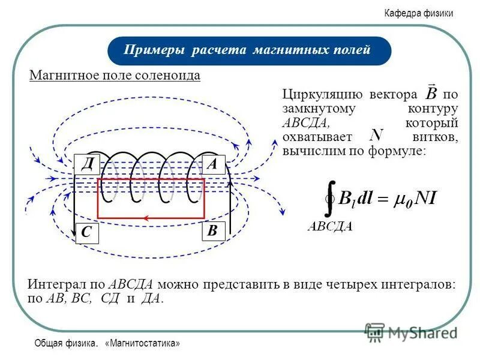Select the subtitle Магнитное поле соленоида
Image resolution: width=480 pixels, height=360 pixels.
pos(115,76)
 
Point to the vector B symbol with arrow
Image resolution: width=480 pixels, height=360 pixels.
pos(431,92)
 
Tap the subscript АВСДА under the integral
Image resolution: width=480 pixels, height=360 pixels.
pos(330,226)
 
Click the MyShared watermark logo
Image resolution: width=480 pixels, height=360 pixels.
pos(411,332)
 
